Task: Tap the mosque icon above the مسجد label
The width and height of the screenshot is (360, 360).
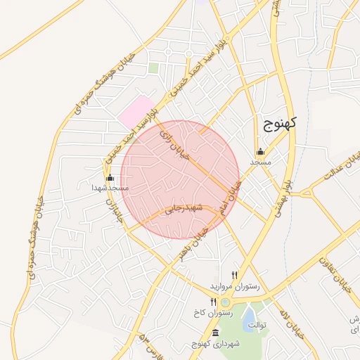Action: (261, 151)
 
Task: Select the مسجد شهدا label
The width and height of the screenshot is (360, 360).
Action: (110, 188)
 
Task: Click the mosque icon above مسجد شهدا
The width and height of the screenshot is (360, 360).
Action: (110, 177)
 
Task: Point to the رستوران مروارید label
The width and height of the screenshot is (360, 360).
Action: (235, 287)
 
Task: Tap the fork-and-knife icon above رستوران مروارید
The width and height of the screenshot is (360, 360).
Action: (235, 275)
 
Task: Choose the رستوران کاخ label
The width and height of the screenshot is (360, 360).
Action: (215, 312)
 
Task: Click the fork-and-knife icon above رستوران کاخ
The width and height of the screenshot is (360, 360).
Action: (214, 302)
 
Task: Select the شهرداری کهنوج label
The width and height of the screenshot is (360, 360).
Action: (215, 344)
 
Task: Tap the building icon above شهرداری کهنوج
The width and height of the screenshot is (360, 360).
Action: (215, 333)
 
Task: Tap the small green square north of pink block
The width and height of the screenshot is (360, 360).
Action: (153, 68)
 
